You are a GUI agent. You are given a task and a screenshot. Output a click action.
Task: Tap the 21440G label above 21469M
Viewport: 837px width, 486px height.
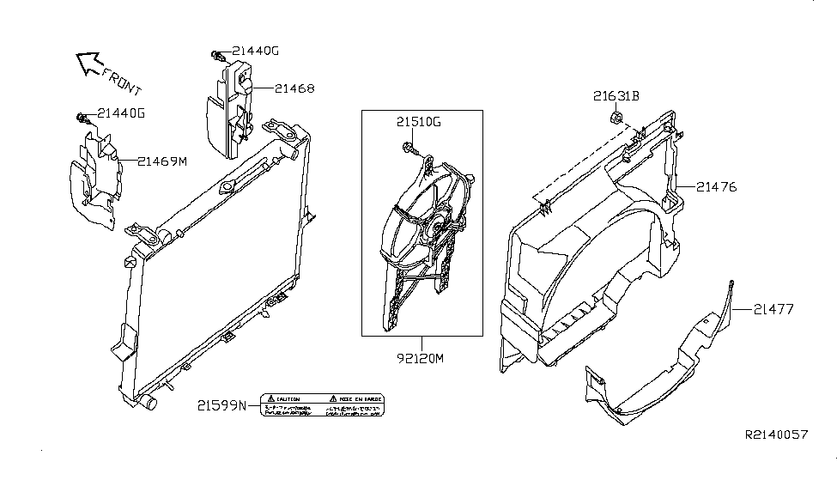click(121, 112)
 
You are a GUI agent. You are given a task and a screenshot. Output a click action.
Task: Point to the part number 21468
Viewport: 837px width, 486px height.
click(294, 88)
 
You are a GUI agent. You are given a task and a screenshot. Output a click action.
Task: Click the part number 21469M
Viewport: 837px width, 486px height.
click(162, 161)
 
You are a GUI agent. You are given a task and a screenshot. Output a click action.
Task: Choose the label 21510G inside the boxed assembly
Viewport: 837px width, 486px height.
click(418, 122)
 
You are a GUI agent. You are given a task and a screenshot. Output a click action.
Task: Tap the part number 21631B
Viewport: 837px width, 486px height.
click(616, 96)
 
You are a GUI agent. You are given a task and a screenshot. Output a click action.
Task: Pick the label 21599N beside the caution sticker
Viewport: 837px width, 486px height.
click(221, 404)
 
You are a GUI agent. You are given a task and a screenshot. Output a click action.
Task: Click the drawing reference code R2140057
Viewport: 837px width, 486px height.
click(775, 435)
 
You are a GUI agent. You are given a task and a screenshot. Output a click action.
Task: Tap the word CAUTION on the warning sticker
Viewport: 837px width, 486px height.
click(288, 399)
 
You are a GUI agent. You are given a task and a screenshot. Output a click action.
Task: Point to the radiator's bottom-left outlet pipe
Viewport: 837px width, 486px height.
click(150, 401)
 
